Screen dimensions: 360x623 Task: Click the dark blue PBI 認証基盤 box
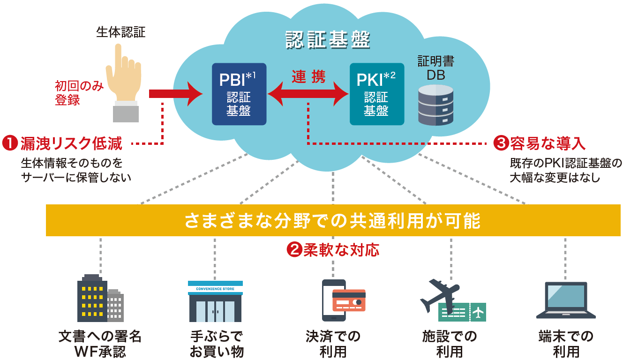(x=239, y=94)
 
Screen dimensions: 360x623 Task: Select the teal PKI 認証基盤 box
(x=376, y=94)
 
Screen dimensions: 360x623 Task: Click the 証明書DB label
(x=435, y=67)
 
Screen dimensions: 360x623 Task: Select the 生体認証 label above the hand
(x=121, y=32)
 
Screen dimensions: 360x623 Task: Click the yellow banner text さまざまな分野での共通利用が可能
(x=333, y=220)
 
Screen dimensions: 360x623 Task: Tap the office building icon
(x=99, y=299)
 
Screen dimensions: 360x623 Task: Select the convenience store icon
(x=215, y=301)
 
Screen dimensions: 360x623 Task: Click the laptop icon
(x=565, y=300)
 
